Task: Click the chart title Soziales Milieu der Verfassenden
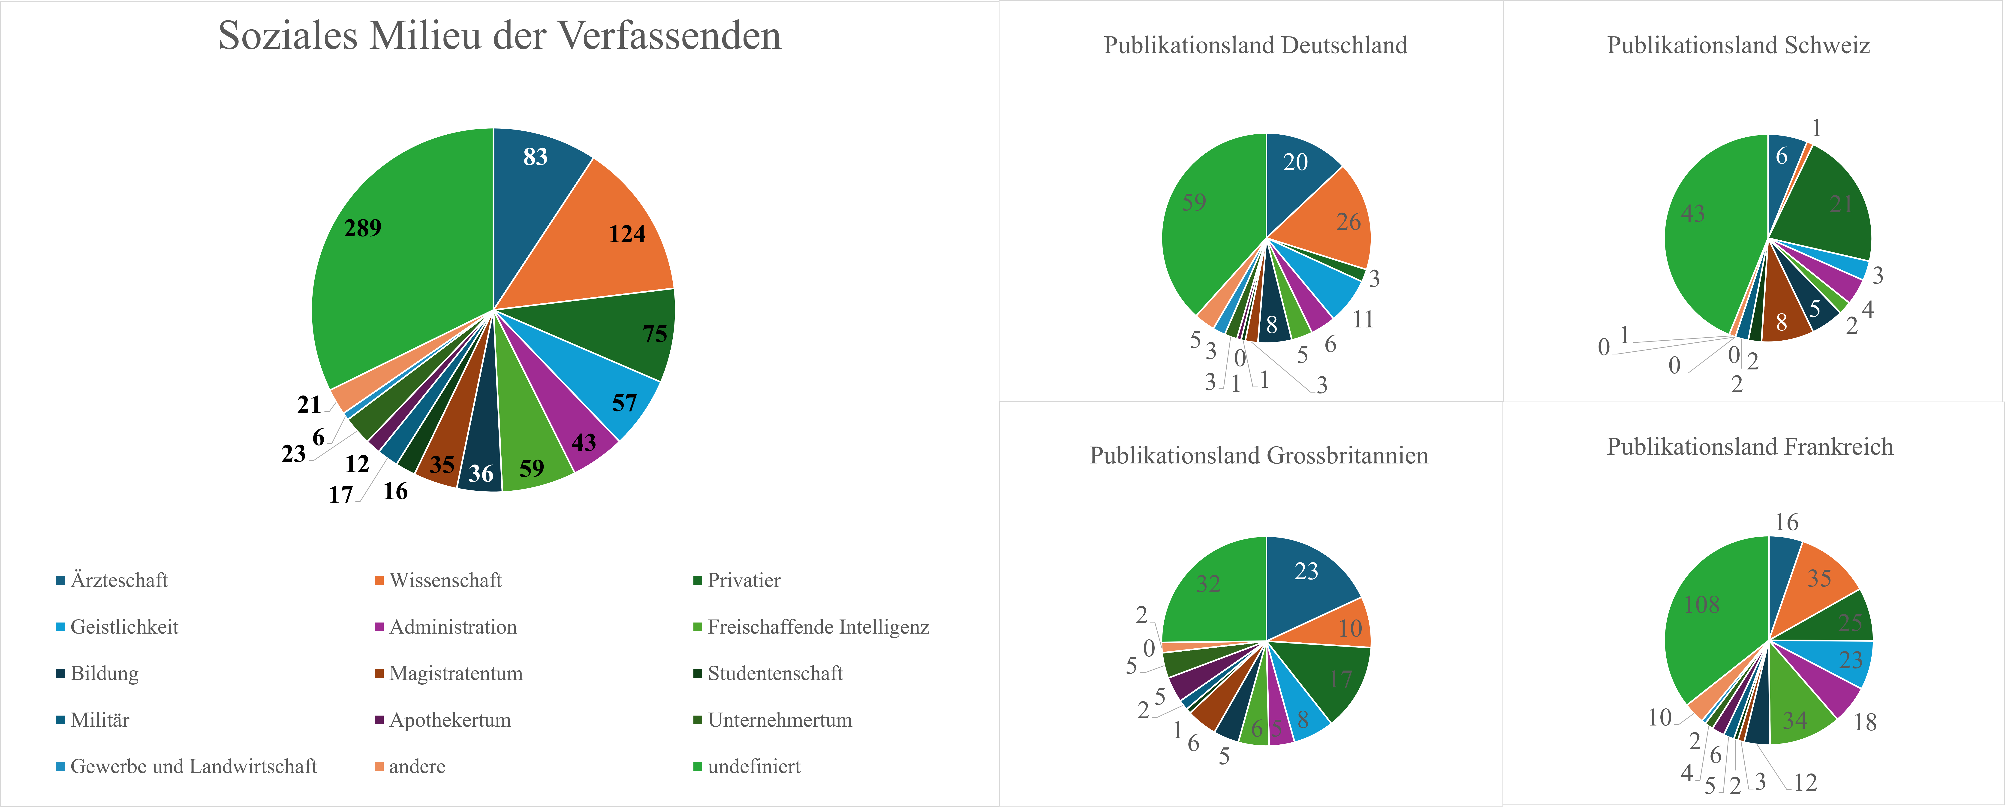500,36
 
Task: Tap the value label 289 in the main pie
363,228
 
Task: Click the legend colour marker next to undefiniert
697,767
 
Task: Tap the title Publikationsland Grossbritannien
1258,455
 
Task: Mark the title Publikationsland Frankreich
1750,447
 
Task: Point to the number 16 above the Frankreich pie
1786,522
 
